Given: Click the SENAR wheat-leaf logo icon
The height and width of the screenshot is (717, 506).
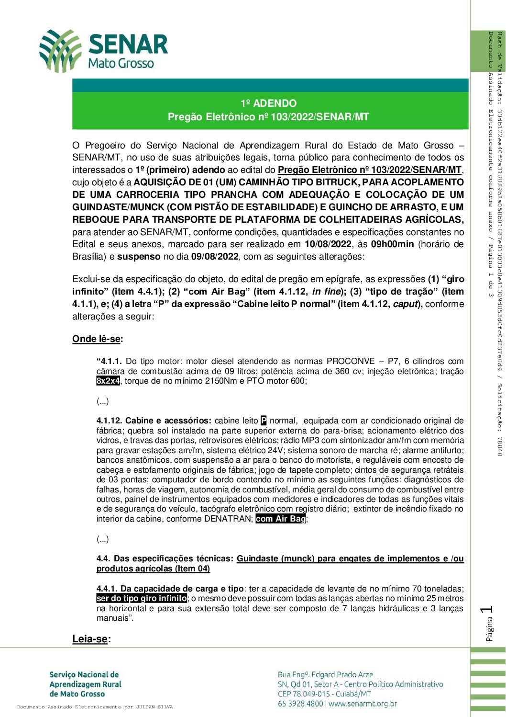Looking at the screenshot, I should [x=60, y=50].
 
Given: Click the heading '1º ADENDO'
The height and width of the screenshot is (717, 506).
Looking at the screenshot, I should [x=268, y=103].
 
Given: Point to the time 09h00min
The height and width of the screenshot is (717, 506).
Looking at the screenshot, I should [x=392, y=244].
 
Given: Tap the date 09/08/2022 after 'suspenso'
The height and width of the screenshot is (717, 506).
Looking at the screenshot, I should [x=215, y=257].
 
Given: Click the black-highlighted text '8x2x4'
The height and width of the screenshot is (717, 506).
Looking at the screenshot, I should [x=108, y=381].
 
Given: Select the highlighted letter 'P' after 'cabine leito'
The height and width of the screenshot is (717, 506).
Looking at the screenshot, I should [x=264, y=421].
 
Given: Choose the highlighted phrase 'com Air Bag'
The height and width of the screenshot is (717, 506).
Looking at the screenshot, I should [x=280, y=519].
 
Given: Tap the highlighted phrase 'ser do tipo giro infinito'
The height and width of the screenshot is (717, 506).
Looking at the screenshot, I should [x=141, y=599].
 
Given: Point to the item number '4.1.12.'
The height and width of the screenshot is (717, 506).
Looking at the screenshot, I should [x=110, y=421].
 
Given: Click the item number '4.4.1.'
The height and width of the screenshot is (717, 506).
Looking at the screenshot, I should [x=107, y=589].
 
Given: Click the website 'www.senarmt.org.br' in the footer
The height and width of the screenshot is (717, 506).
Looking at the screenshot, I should [x=363, y=704].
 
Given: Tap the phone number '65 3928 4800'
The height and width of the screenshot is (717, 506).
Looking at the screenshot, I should [x=300, y=704].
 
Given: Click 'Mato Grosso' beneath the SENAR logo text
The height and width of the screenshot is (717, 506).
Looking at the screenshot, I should [x=121, y=63].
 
